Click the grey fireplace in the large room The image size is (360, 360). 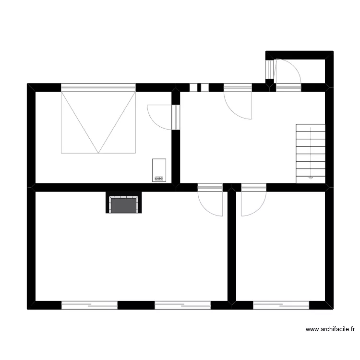click(x=124, y=204)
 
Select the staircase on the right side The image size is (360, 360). click(x=311, y=153)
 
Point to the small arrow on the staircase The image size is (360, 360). click(x=311, y=177)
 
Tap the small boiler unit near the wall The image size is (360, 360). click(x=159, y=170)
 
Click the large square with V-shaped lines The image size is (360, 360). click(x=98, y=122)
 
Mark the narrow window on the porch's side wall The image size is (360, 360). click(x=269, y=71)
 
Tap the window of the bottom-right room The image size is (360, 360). click(x=281, y=305)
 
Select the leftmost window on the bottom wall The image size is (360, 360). click(x=89, y=305)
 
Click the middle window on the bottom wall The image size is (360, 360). click(x=182, y=305)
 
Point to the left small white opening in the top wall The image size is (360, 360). click(x=193, y=87)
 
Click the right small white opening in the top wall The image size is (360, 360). click(x=205, y=87)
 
